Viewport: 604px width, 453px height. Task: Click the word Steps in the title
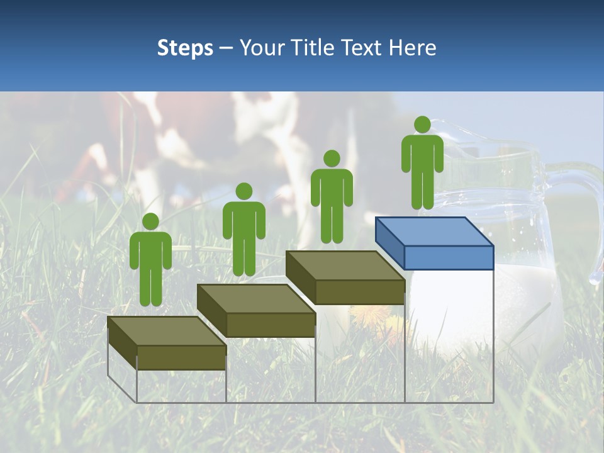coord(185,48)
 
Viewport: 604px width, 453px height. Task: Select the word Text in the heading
coord(363,48)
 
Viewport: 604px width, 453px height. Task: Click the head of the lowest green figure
coord(150,221)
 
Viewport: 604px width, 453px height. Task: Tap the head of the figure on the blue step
coord(422,125)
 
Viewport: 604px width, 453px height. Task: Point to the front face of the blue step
coord(449,257)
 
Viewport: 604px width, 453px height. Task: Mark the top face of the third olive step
coord(345,266)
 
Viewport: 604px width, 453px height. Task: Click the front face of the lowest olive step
coord(181,357)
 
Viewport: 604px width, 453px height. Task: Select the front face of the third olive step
coord(359,292)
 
